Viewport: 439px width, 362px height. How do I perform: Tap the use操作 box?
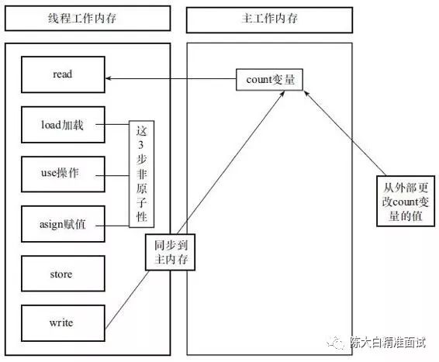tap(63, 174)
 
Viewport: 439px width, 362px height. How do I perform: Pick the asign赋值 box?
tap(63, 224)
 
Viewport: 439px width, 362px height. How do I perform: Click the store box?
tap(63, 274)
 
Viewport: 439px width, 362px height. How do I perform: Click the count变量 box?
tap(268, 79)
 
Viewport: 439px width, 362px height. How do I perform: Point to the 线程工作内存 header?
tap(88, 18)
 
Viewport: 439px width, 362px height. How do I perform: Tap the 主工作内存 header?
tap(268, 18)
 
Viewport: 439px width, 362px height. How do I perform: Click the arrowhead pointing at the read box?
tap(109, 78)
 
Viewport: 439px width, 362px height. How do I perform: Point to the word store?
tap(63, 274)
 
